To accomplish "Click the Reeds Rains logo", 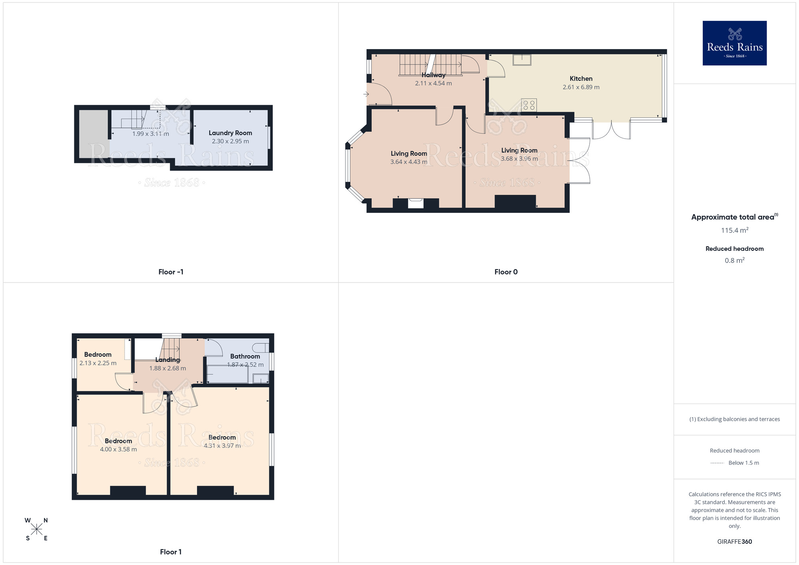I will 734,43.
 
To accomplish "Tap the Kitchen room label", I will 581,79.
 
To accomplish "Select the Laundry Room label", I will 230,133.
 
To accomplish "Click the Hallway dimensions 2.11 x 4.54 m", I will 433,84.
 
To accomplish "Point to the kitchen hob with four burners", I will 529,105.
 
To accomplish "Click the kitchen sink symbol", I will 522,60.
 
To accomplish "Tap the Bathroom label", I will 245,356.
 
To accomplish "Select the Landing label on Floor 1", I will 168,360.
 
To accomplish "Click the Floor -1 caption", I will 171,272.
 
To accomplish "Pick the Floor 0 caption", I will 506,272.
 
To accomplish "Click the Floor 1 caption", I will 171,552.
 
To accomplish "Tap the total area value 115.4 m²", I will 734,230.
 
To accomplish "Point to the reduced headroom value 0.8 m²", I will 734,261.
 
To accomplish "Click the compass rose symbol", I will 36,529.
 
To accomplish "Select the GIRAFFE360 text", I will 734,542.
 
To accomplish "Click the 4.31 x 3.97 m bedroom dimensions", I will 222,446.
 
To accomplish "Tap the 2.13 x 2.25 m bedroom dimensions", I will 98,363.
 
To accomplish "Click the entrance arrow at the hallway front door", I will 366,94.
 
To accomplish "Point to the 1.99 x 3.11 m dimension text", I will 151,134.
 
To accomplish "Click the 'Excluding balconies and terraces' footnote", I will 734,419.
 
